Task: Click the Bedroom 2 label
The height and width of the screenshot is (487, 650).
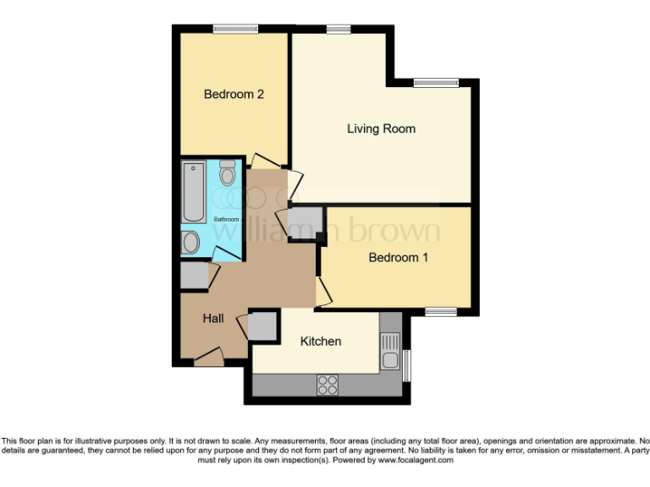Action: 234,95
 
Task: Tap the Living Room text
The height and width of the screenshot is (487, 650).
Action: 381,129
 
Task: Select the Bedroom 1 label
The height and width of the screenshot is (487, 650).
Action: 398,258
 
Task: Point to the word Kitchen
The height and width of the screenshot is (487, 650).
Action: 321,342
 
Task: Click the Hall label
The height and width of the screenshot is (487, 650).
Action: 213,319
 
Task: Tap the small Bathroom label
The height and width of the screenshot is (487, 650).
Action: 226,220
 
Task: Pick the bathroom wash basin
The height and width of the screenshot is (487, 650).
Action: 191,243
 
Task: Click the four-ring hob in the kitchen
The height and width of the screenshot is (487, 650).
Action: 327,384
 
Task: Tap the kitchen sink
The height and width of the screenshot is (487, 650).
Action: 389,352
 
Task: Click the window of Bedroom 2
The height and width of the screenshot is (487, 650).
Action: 235,30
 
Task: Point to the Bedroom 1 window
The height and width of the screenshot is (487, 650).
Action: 440,312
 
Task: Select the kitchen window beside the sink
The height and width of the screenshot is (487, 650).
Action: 405,364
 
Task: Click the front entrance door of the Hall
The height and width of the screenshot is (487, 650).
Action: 208,358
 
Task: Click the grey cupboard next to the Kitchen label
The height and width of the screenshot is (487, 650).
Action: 263,326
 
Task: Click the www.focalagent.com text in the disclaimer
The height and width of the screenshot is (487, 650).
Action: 416,461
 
